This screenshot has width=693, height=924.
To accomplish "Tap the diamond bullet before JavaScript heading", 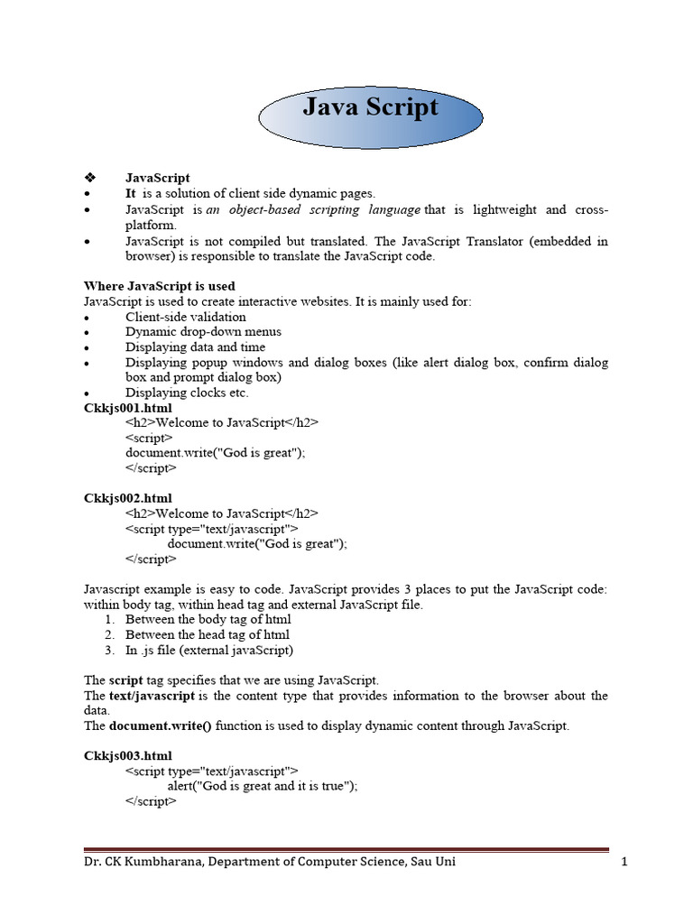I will click(88, 179).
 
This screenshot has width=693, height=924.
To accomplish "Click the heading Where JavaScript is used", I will click(160, 286).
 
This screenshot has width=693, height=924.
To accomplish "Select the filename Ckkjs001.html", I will click(127, 408).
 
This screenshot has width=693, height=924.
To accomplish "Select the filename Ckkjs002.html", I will click(127, 498).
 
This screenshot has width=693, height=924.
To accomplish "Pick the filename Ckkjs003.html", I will click(127, 755).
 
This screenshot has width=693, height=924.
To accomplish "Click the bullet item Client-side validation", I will click(185, 317).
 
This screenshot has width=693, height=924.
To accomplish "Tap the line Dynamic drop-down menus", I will click(191, 332).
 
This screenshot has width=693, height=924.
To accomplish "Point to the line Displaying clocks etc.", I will click(187, 393).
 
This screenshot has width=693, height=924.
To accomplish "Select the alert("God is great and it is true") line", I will click(263, 785).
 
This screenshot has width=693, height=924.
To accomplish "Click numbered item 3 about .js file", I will click(208, 650).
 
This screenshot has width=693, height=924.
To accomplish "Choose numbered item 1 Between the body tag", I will click(208, 620).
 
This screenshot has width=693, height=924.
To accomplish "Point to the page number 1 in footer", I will click(624, 862).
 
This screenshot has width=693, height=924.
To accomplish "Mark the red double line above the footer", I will click(346, 849).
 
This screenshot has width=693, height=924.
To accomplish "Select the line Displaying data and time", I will click(195, 347).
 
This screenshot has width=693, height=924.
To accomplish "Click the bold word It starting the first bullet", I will click(131, 194).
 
